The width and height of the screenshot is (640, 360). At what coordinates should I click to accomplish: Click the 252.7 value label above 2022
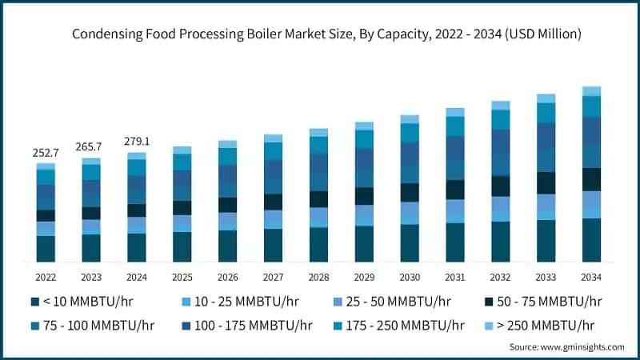tap(46, 153)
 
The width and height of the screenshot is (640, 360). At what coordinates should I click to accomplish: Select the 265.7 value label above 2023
tap(91, 147)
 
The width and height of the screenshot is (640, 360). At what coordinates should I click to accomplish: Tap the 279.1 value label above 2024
tap(137, 142)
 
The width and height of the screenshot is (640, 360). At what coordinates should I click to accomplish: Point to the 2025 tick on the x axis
tap(182, 277)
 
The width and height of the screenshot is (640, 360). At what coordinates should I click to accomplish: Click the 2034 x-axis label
tap(591, 277)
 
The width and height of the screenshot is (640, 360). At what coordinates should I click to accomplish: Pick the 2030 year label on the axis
tap(410, 277)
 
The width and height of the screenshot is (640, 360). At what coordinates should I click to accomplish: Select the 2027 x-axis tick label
tap(273, 277)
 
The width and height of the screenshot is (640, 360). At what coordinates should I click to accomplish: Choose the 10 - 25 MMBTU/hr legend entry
tap(240, 302)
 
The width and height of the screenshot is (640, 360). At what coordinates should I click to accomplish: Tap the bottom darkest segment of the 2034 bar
tap(591, 240)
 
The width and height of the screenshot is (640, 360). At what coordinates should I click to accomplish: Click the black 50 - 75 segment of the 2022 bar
tap(46, 215)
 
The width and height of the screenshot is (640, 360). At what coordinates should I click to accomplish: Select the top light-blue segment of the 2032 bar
tap(500, 106)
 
